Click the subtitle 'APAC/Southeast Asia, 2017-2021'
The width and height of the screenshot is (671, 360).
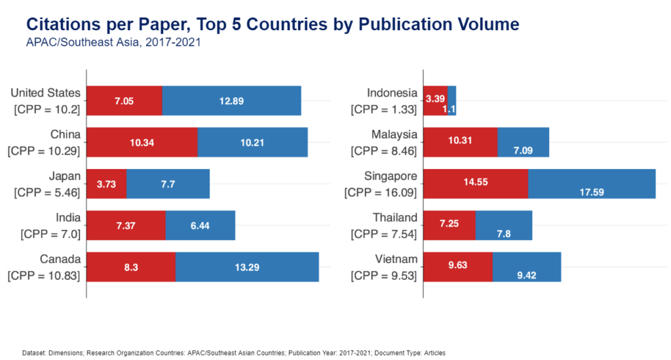pyautogui.click(x=113, y=43)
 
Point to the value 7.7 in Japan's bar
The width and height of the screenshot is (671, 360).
pyautogui.click(x=168, y=184)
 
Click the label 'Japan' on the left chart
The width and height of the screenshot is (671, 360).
pyautogui.click(x=64, y=176)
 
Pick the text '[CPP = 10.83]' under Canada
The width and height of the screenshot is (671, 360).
pyautogui.click(x=44, y=276)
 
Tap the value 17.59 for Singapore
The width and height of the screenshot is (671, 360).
pyautogui.click(x=592, y=192)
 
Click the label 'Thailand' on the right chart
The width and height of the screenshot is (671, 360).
pyautogui.click(x=395, y=217)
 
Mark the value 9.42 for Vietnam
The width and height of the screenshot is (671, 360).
pyautogui.click(x=527, y=275)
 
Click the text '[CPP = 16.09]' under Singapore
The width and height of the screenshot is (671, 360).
pyautogui.click(x=381, y=193)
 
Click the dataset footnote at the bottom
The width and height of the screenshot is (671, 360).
pyautogui.click(x=233, y=353)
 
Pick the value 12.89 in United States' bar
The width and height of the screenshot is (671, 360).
pyautogui.click(x=231, y=101)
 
